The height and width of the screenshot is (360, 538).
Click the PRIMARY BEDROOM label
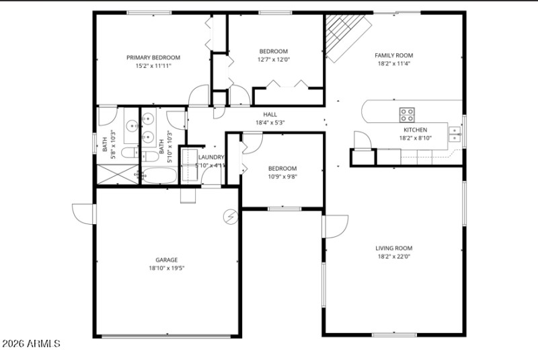153,58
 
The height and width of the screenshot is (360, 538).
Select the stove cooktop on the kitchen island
408,114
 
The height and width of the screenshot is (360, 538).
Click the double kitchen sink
455,133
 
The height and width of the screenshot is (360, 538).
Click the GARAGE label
167,260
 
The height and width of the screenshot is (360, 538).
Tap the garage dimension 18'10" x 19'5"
167,268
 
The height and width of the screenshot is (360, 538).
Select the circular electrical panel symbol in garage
231,217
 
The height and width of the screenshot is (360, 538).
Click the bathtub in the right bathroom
159,176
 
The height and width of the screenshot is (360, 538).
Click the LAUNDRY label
210,157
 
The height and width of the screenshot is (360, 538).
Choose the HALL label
270,114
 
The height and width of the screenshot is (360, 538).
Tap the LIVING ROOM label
393,248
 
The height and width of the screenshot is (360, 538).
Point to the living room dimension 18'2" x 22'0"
393,256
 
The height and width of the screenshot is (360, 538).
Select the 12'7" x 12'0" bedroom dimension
274,59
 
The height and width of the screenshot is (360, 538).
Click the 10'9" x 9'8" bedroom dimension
282,176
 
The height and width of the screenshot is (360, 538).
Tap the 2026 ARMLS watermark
32,344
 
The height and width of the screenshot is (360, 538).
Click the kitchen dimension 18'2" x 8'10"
415,138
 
